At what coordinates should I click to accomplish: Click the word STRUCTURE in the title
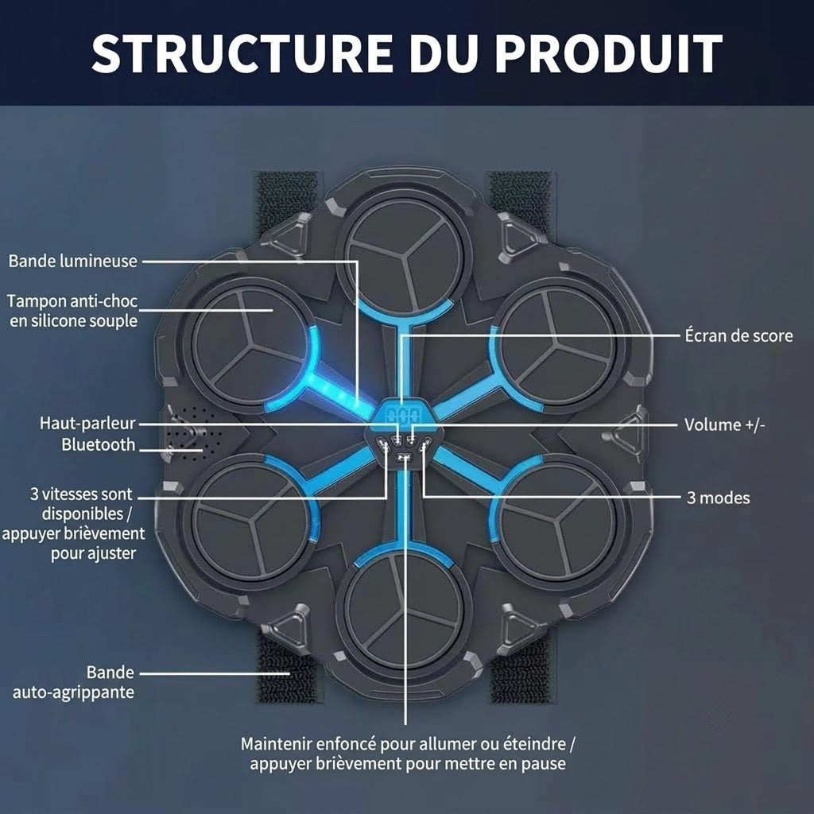point(242,52)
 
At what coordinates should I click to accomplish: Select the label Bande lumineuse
point(73,261)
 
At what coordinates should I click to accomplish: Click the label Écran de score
point(738,335)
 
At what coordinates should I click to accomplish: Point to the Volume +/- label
point(725,424)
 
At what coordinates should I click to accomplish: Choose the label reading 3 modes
point(719,498)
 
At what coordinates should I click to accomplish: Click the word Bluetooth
point(98,444)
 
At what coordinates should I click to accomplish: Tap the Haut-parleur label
point(87,423)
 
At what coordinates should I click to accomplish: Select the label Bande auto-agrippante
point(74,682)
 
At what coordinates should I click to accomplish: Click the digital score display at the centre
point(404,415)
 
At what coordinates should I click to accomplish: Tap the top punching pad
point(404,255)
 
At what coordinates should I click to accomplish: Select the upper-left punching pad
point(248,345)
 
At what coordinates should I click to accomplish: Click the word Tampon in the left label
point(37,301)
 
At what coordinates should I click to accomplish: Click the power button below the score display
point(403,457)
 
